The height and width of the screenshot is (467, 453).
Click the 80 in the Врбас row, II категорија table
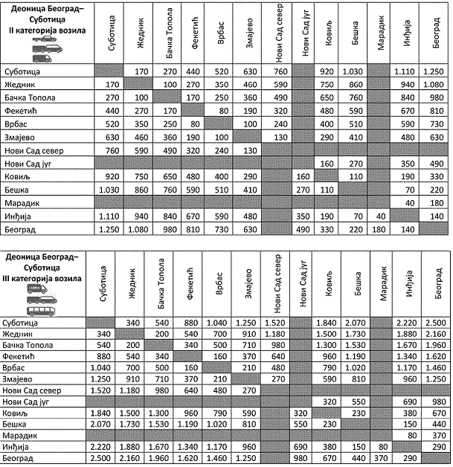tap(195, 123)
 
